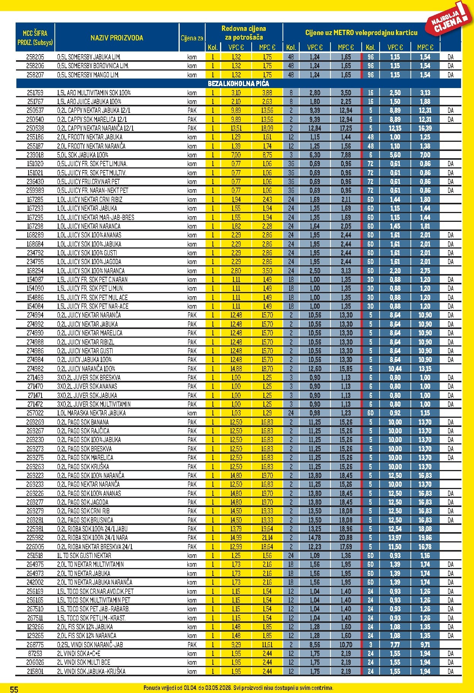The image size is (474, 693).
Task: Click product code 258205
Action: point(35,57)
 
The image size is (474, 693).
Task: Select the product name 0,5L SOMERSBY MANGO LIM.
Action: point(88,75)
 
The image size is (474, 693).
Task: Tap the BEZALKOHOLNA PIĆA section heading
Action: point(238,83)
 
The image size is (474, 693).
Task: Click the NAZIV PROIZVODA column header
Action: point(117,38)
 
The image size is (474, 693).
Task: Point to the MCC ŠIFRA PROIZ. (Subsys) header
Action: point(35,38)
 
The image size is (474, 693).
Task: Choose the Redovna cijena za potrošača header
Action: point(244,33)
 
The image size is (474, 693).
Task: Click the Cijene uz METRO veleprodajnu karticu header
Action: point(361,33)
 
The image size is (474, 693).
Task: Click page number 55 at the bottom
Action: point(14,689)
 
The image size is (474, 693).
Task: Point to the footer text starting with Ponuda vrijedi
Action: point(238,688)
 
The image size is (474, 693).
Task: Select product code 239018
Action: point(35,155)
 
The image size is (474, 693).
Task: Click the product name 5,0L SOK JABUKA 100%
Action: point(83,155)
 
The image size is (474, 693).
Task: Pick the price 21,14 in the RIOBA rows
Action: point(267,537)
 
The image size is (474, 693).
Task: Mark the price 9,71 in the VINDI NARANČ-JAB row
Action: point(425,645)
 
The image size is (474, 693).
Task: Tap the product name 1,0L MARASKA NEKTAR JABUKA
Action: point(91,413)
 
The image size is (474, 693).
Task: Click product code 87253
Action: point(35,653)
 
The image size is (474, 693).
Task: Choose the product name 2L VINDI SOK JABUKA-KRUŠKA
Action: point(91,671)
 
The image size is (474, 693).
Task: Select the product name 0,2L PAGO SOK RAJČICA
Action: point(83,431)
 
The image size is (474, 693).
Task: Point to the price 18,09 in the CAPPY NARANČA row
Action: point(267,128)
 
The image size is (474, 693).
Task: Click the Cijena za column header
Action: point(192,38)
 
